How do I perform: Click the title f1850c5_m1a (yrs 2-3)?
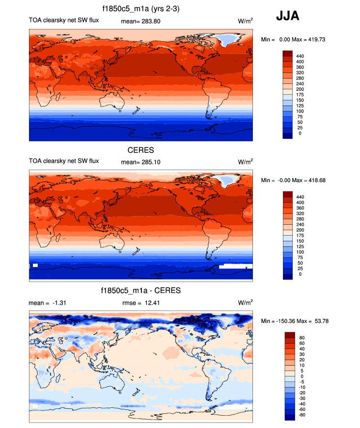[x=141, y=9]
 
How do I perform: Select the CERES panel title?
[x=141, y=150]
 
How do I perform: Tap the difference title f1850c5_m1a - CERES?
[x=141, y=291]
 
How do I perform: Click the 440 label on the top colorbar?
[x=300, y=56]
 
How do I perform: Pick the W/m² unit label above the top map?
[x=246, y=21]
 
